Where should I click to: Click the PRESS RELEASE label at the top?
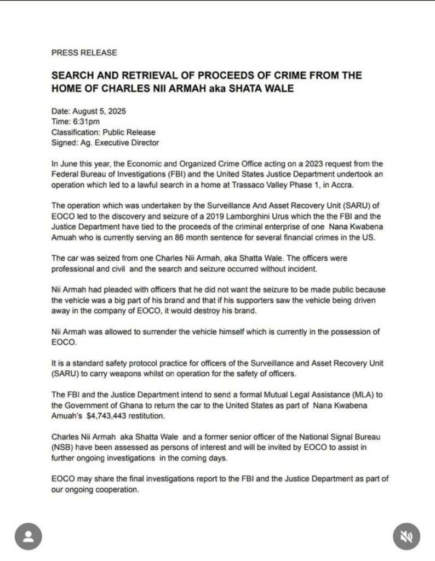[x=84, y=53]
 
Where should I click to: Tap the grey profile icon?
[x=28, y=536]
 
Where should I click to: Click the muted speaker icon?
[x=407, y=536]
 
